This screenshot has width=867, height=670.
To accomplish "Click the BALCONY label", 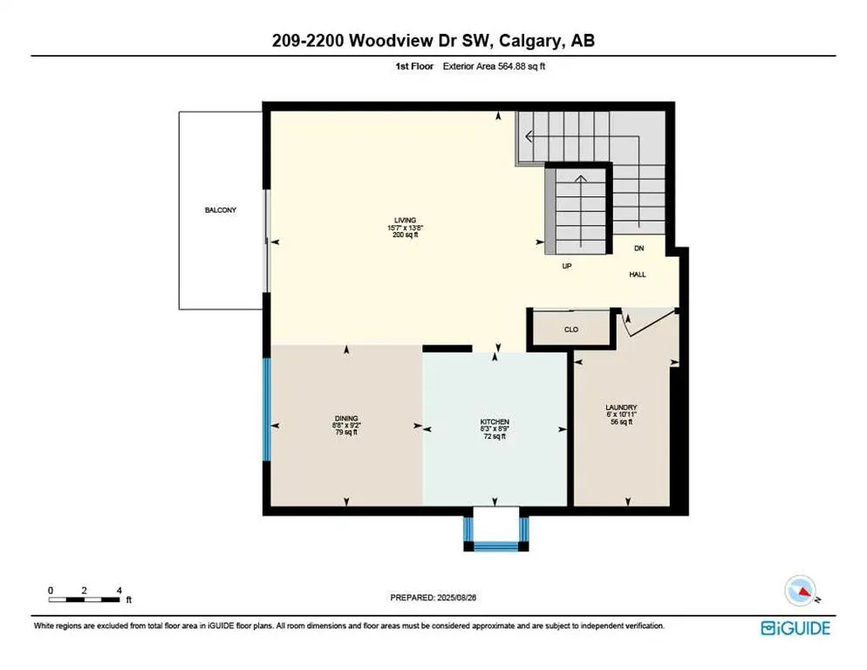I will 221,210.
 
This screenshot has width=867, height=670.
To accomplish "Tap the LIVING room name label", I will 404,220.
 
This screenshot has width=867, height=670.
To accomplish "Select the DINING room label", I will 346,418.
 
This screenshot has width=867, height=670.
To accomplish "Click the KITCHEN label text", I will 495,421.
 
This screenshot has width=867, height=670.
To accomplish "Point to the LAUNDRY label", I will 622,407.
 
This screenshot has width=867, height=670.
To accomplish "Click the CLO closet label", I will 571,330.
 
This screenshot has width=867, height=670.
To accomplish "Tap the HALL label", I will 638,274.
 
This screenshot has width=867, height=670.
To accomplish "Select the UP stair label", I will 566,266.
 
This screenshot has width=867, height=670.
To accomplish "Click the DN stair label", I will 638,249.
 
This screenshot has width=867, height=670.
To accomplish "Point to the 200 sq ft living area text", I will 404,235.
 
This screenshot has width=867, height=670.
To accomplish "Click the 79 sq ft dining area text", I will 346,433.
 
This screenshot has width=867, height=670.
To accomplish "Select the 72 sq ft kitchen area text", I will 495,436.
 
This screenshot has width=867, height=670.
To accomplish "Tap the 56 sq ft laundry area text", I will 622,421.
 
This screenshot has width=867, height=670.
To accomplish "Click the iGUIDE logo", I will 795,628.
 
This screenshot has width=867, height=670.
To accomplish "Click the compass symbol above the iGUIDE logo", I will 803,592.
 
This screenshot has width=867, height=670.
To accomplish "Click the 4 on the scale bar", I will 119,590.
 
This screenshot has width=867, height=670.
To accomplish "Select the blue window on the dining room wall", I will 266,410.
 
